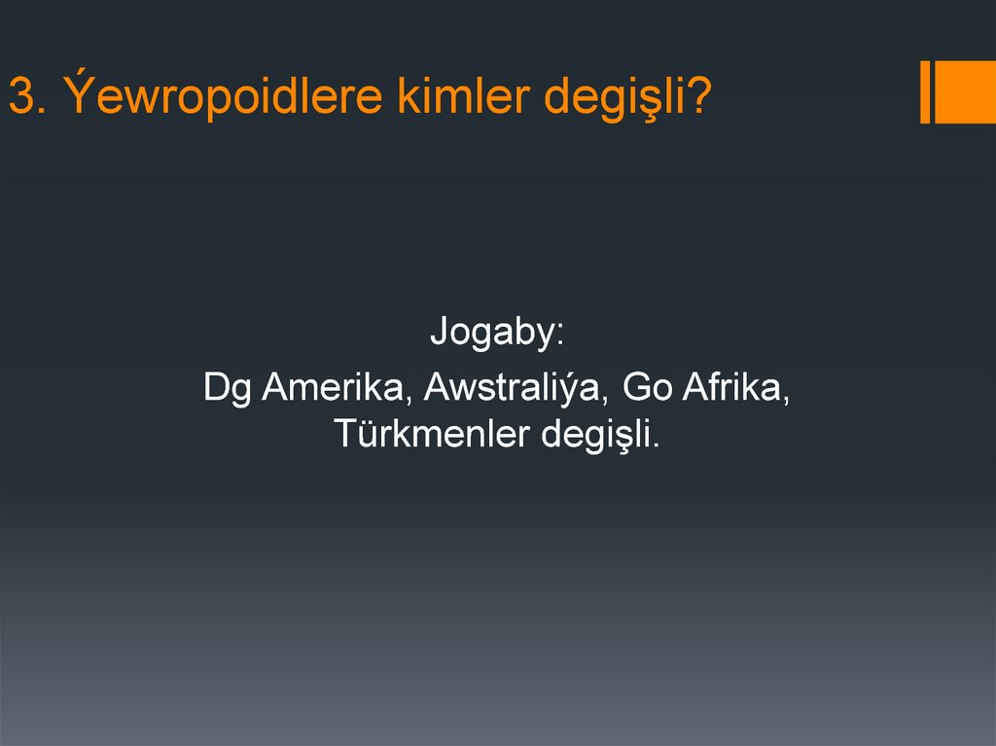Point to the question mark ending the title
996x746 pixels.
[x=699, y=97]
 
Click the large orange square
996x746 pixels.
[x=965, y=92]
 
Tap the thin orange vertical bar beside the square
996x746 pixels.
[x=925, y=92]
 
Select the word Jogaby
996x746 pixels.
[x=490, y=335]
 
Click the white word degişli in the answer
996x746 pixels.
[x=594, y=434]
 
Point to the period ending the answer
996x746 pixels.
[x=656, y=445]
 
